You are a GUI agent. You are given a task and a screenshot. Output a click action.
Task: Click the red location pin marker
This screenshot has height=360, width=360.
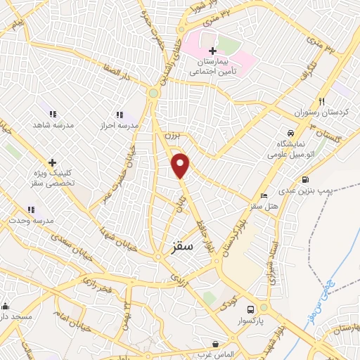coord(181,165)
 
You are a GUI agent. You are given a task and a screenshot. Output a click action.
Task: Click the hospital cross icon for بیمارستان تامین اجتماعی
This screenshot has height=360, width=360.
coord(213,51)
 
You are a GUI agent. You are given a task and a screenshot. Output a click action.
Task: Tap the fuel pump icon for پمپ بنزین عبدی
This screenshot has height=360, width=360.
coord(304,180)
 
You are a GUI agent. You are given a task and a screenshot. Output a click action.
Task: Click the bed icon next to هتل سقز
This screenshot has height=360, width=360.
coord(264,195)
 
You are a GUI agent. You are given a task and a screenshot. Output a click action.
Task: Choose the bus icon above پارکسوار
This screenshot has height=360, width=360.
coord(250,309)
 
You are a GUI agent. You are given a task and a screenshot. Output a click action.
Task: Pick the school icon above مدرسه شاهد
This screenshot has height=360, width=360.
coord(52,113)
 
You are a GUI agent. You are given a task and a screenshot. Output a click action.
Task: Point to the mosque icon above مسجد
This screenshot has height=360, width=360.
coord(6,306)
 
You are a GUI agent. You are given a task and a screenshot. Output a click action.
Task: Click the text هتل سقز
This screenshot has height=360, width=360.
coord(264,207)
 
